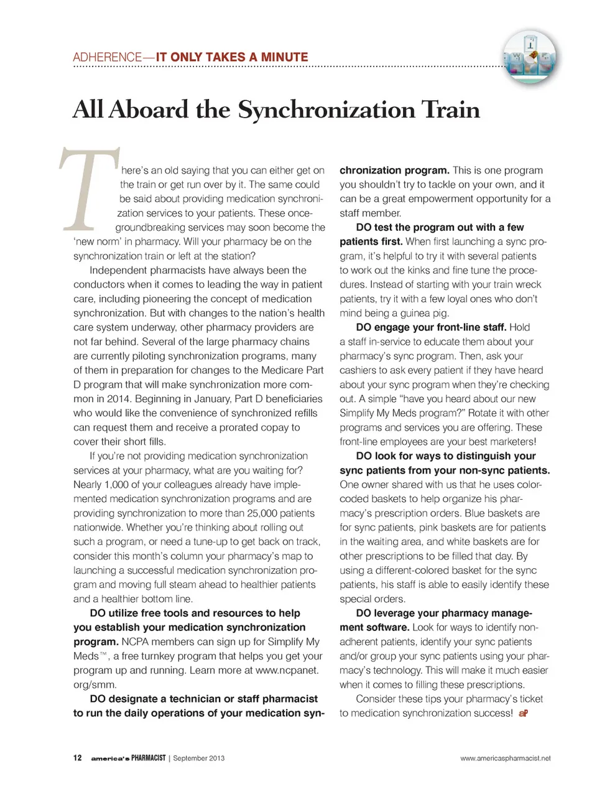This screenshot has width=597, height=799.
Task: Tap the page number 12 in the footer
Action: click(77, 758)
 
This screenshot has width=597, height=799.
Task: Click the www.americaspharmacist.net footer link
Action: click(505, 758)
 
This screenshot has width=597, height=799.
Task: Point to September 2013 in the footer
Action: click(198, 758)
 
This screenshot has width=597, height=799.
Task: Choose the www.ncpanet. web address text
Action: click(287, 670)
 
